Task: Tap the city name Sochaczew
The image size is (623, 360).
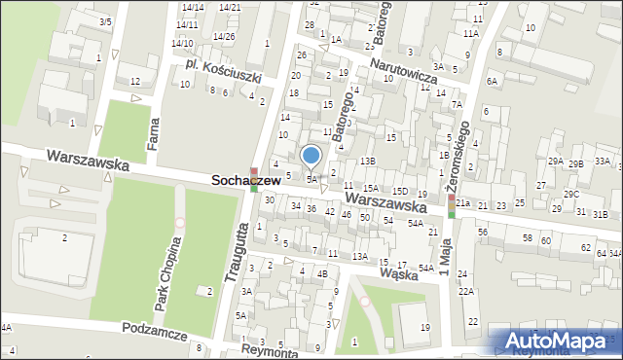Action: click(247, 182)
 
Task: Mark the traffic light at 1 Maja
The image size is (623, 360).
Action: click(451, 205)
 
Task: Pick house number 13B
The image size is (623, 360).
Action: click(367, 161)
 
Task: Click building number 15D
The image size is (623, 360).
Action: click(399, 192)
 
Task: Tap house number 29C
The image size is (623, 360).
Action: click(571, 195)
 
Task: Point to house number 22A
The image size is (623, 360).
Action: click(467, 291)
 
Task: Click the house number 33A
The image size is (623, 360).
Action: click(603, 162)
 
